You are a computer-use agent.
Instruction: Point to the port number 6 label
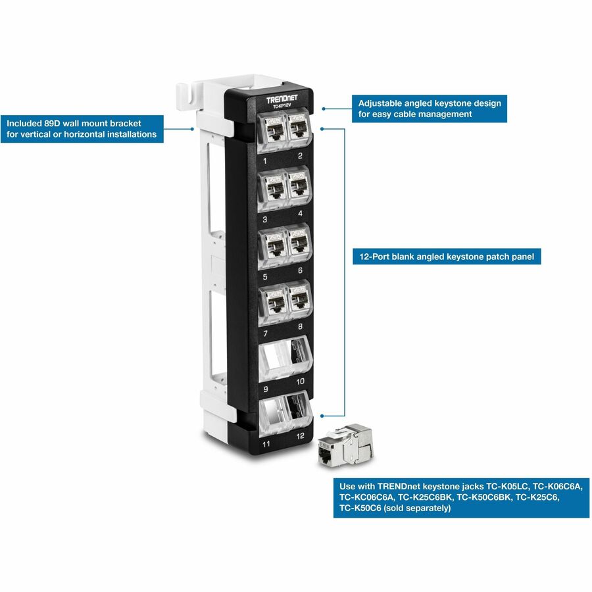pos(300,270)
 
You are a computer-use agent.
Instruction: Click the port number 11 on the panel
pos(267,444)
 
